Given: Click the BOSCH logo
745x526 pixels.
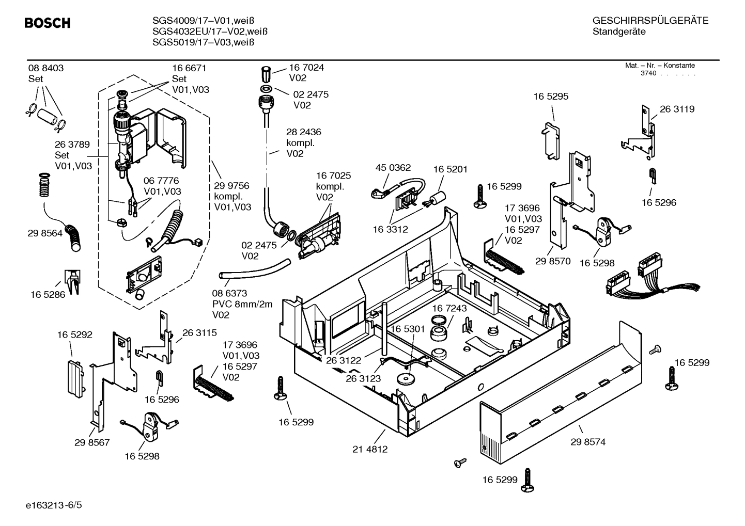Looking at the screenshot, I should point(48,23).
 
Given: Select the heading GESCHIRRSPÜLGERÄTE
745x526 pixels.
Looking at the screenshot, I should point(650,21).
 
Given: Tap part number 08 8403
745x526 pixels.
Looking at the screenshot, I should point(46,68).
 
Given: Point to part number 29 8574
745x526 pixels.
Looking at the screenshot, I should point(588,442).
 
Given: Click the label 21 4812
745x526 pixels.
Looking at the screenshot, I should point(370,449).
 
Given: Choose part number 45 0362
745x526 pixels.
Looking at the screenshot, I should point(393,167).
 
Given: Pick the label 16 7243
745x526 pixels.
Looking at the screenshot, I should point(449,308).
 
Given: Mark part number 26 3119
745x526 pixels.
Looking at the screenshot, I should point(677,109).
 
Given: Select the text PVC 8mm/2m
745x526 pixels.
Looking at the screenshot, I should point(242,304).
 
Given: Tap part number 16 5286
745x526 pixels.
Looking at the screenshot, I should point(48,295).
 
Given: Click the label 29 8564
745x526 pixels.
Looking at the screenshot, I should point(45,233).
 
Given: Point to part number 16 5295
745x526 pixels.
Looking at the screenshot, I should point(551,97).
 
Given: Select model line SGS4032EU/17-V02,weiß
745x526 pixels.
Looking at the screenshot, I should point(210,31).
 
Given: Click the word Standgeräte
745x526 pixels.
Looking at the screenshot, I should point(618,32).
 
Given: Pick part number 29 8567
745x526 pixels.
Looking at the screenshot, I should point(92,442).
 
